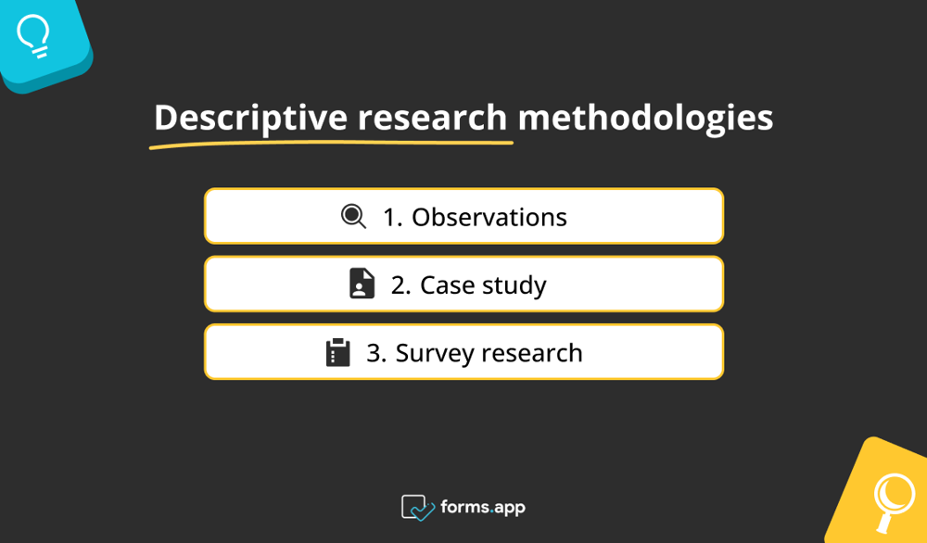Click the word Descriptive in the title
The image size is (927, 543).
tap(250, 119)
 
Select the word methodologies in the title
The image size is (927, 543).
tap(645, 119)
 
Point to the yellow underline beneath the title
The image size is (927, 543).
tap(332, 144)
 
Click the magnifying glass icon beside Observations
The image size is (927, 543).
tap(353, 217)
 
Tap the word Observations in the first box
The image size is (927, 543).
tap(489, 217)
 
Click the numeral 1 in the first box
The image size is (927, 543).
tap(389, 217)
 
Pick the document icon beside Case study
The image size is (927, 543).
tap(362, 284)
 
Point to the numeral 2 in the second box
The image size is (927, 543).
tap(398, 284)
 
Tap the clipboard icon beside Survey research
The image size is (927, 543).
tap(337, 353)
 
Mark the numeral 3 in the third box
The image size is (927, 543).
tap(373, 353)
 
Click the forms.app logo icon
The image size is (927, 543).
tap(417, 507)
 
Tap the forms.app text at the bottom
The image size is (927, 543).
tap(484, 507)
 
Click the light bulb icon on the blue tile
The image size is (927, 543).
tap(34, 34)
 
